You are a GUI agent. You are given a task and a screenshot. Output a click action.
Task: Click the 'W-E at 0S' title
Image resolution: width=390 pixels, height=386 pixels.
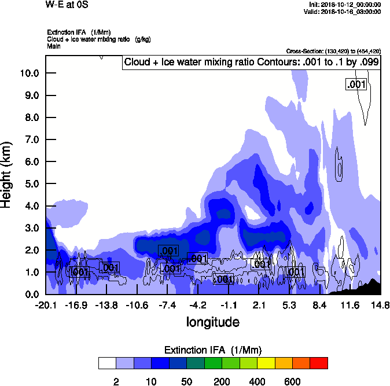click(x=67, y=5)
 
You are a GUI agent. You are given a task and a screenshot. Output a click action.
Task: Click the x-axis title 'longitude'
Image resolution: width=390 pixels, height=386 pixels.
click(x=212, y=321)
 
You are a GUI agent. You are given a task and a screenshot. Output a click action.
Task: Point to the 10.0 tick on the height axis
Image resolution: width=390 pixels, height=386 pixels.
click(x=30, y=73)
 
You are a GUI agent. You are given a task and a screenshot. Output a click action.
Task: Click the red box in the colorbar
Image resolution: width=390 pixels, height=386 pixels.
click(x=319, y=363)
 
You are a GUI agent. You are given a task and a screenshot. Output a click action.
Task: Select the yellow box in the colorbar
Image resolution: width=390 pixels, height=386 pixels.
click(x=266, y=363)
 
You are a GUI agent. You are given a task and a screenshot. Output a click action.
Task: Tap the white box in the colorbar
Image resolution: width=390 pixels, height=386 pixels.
click(x=108, y=363)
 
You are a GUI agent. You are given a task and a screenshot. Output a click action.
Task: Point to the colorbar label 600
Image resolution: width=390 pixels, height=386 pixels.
click(x=292, y=381)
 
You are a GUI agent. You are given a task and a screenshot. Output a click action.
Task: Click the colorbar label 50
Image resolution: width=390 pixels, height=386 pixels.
click(x=186, y=381)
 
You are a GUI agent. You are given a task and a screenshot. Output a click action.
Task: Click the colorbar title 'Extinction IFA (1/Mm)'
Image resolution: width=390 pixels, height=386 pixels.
click(x=212, y=350)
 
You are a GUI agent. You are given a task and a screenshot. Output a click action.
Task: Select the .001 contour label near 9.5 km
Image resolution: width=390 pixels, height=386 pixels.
click(x=356, y=84)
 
